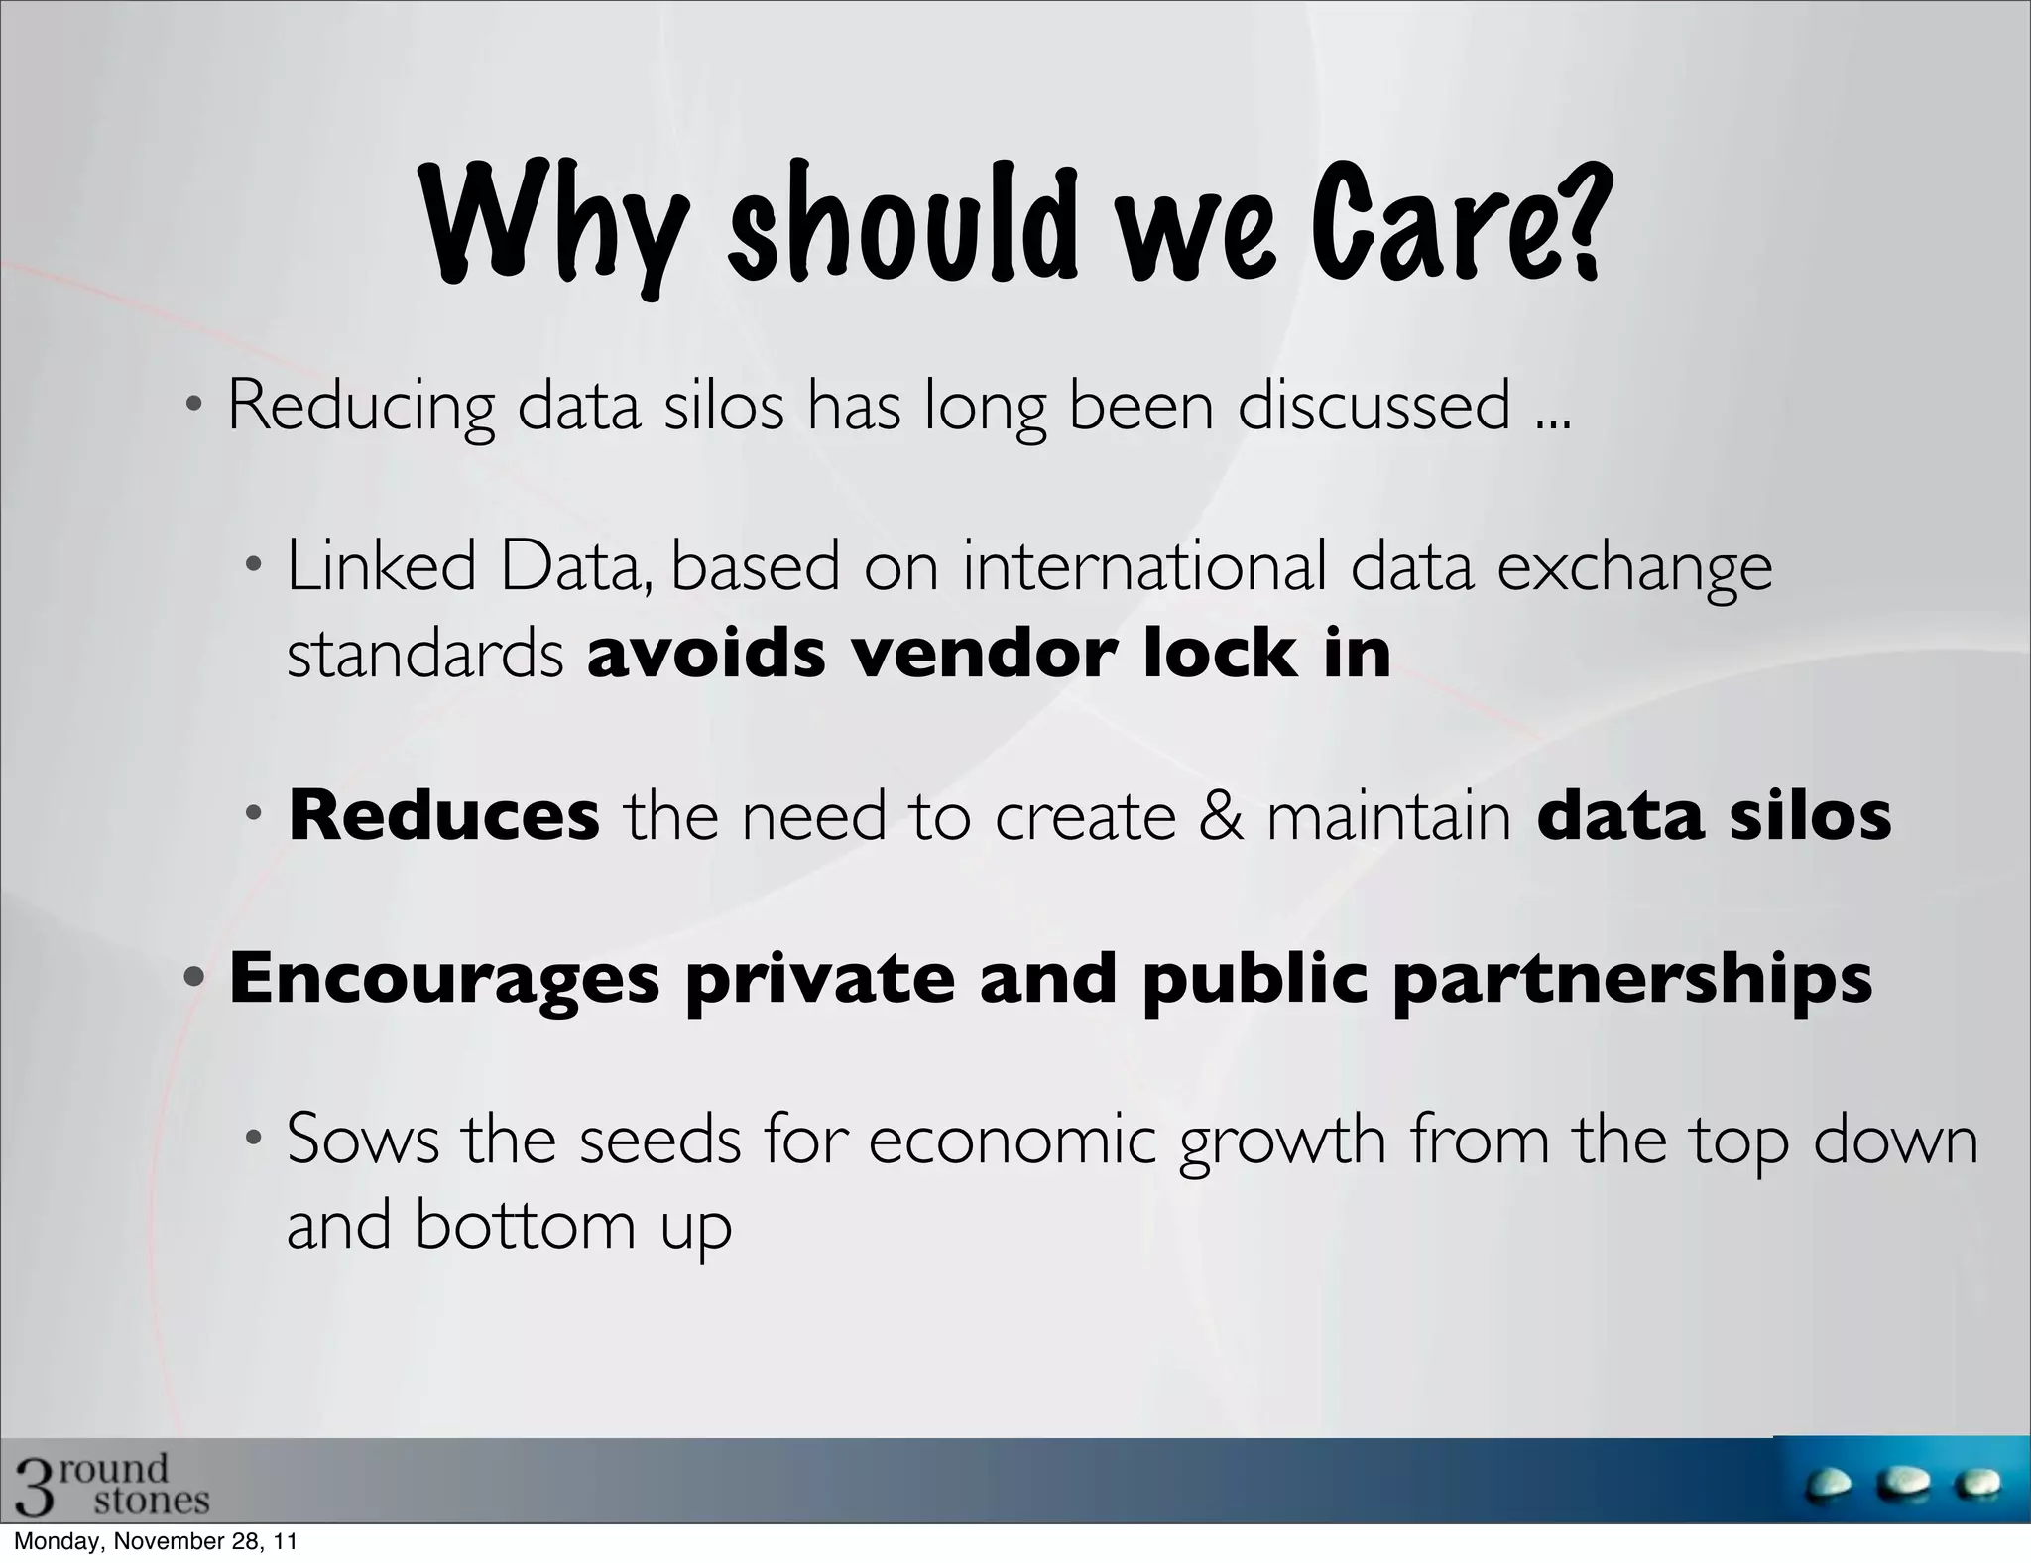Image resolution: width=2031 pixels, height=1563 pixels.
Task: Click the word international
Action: click(1144, 567)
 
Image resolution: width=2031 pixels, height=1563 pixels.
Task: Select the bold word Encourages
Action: click(444, 979)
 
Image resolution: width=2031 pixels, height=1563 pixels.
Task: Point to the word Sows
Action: click(362, 1141)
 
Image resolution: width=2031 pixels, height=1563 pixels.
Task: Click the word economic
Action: click(1012, 1141)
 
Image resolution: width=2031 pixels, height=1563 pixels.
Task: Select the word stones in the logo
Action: click(152, 1501)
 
